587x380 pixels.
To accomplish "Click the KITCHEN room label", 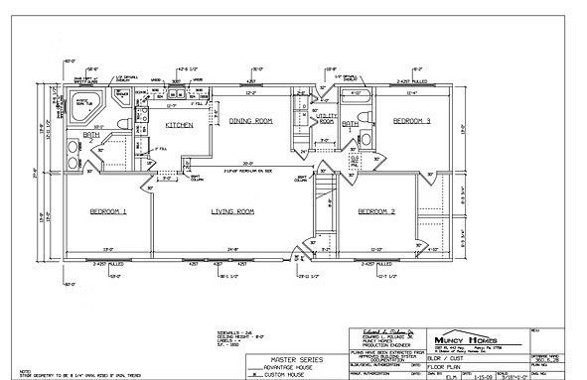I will [x=179, y=126].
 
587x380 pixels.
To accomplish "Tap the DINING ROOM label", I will [x=250, y=121].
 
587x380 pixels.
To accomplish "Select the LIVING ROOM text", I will [x=232, y=211].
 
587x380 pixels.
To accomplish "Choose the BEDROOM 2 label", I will [x=376, y=211].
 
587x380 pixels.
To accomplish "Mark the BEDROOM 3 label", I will [x=410, y=121].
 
